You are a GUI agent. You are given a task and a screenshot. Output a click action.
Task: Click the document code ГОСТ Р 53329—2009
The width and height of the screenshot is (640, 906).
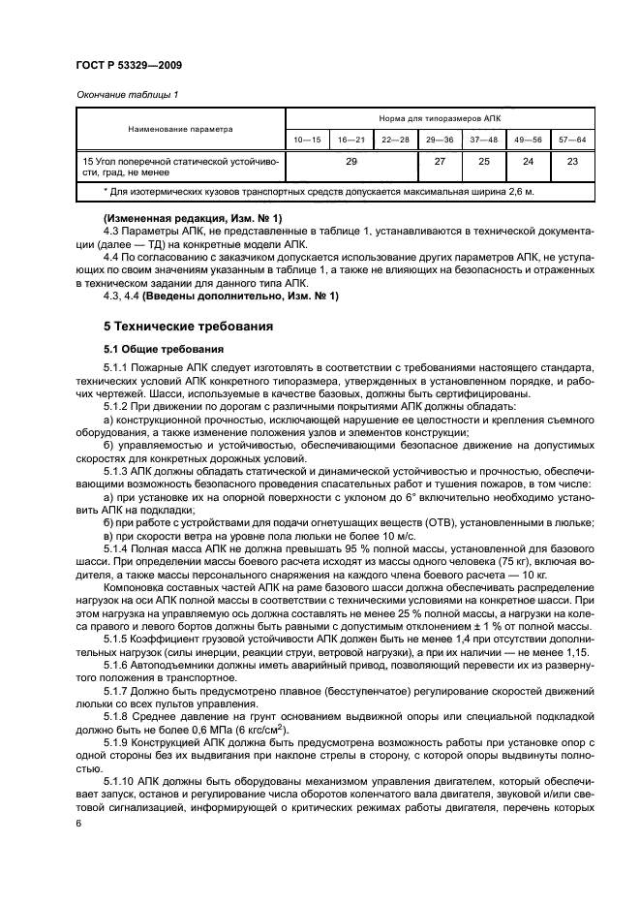click(129, 65)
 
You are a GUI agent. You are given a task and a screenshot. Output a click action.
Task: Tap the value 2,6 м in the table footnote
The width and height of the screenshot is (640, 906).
click(520, 192)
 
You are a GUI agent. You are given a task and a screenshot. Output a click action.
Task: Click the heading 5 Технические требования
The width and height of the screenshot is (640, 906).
click(190, 327)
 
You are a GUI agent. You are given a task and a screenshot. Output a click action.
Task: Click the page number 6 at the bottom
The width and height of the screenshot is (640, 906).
click(77, 822)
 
